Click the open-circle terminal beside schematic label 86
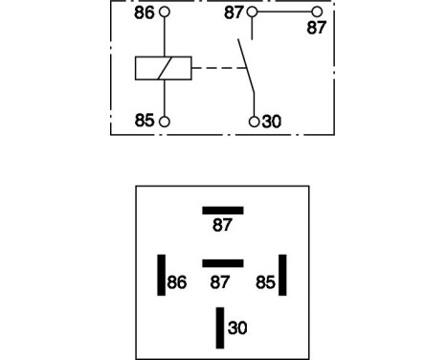click(166, 12)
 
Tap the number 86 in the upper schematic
click(145, 13)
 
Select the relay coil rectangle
click(164, 68)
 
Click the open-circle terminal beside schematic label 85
click(166, 122)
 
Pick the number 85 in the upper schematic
click(145, 122)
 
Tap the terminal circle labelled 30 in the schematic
click(254, 122)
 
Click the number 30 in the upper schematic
click(271, 122)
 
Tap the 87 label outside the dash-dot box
click(316, 29)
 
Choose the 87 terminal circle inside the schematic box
click(252, 12)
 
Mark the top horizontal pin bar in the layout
click(222, 210)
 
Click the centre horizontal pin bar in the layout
click(222, 261)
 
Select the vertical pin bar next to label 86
click(161, 274)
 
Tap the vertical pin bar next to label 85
click(282, 274)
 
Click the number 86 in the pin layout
click(178, 282)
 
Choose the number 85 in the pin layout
click(265, 282)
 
